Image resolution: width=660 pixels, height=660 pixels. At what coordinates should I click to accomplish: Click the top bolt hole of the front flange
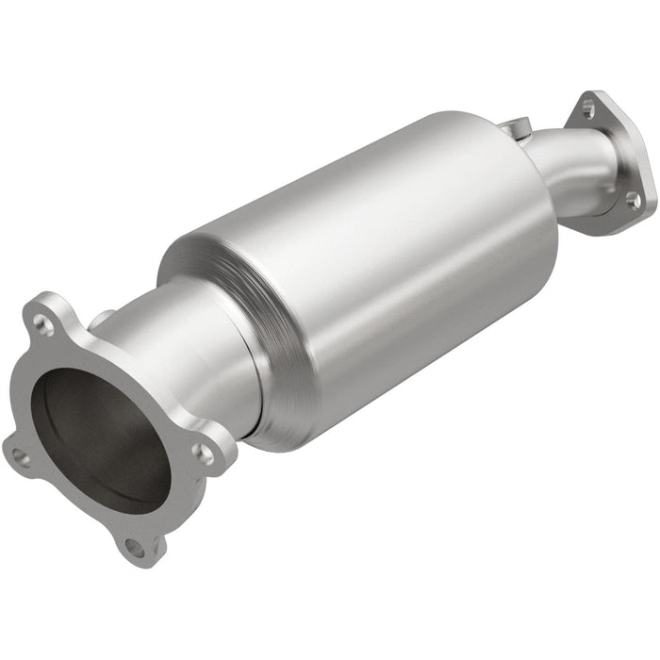coord(42,323)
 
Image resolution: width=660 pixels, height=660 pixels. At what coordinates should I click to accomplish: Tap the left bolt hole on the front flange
coord(21,457)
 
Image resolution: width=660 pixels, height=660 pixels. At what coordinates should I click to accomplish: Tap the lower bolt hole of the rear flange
coord(634,199)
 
